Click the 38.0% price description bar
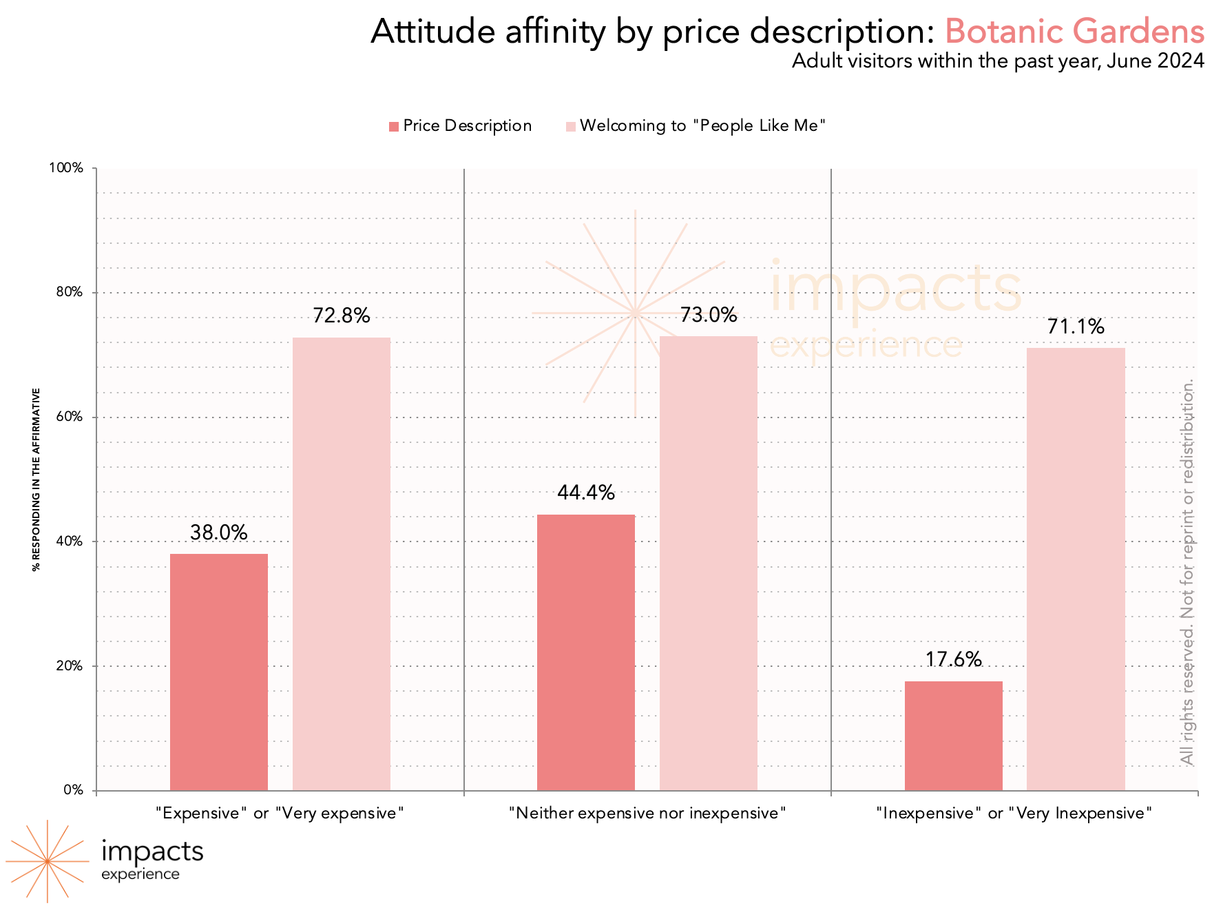click(x=219, y=672)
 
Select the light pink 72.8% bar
click(x=342, y=564)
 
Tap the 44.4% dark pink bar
click(x=586, y=652)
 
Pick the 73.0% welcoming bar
click(x=709, y=563)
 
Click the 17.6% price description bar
click(x=954, y=736)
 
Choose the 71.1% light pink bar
click(x=1076, y=569)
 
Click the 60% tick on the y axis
click(x=69, y=417)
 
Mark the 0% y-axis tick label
click(x=73, y=790)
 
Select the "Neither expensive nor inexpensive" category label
click(x=647, y=814)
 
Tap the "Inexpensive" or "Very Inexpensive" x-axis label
click(x=1014, y=814)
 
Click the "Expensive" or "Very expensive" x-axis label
click(x=280, y=814)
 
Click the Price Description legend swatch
click(x=394, y=126)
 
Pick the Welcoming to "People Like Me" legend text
click(x=702, y=125)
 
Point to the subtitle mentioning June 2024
click(x=998, y=61)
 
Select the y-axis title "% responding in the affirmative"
click(x=36, y=479)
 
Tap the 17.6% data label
click(x=953, y=659)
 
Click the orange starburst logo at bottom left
click(x=47, y=861)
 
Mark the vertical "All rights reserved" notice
click(x=1187, y=572)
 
